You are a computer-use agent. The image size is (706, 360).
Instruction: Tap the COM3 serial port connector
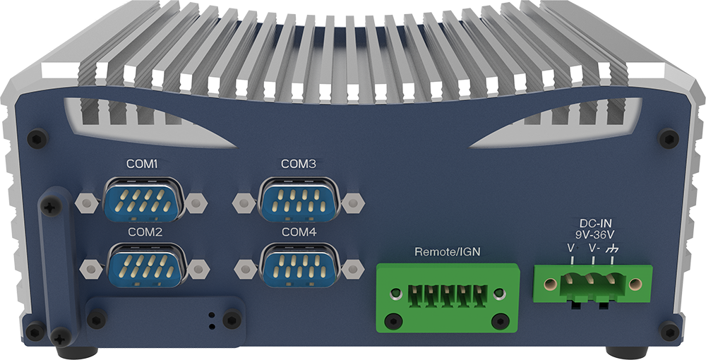[x=299, y=200]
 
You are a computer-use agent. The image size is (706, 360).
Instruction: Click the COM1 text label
[x=142, y=164]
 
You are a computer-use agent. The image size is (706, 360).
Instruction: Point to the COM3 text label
[x=299, y=164]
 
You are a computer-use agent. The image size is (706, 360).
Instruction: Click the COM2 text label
[x=145, y=233]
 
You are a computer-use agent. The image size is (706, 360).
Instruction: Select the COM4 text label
[x=299, y=233]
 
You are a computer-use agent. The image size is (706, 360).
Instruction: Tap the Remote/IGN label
[x=447, y=252]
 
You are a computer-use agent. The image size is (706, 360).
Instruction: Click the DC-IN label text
[x=596, y=224]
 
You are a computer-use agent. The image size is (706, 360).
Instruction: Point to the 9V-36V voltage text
[x=595, y=234]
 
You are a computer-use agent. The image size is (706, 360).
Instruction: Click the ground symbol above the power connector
[x=611, y=248]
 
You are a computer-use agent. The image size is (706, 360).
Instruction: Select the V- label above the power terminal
[x=594, y=248]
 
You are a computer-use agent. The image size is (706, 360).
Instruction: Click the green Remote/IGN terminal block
[x=448, y=298]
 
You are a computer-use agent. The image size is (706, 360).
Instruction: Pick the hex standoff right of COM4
[x=353, y=269]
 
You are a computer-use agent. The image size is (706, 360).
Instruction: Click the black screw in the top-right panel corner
[x=669, y=138]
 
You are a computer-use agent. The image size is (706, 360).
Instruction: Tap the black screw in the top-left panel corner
[x=37, y=138]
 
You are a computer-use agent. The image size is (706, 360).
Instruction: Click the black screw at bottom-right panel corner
[x=669, y=331]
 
